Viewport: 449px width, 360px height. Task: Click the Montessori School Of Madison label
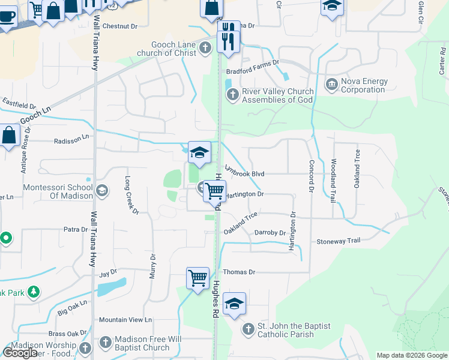coord(58,191)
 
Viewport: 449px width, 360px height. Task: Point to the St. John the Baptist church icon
coord(249,329)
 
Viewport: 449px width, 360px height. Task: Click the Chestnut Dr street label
coord(120,27)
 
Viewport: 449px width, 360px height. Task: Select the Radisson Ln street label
coord(71,137)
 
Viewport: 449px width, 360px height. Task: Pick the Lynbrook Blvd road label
coord(245,173)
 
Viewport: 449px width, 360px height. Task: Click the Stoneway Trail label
coord(339,241)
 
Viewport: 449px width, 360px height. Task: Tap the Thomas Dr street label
coord(240,272)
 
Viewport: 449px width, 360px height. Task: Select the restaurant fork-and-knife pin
coord(228,38)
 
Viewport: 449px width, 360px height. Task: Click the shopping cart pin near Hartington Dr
coord(214,191)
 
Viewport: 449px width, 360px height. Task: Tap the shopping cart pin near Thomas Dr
coord(197,278)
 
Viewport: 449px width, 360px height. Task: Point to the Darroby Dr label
coord(270,233)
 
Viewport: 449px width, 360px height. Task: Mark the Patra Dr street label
coord(76,229)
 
